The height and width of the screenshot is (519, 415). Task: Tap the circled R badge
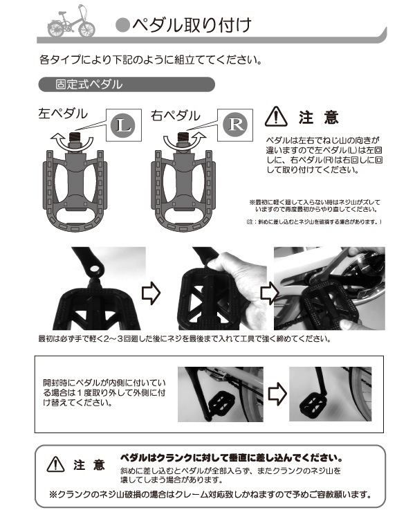(234, 125)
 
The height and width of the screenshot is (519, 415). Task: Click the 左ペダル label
(63, 113)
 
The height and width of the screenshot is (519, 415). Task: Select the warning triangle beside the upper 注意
(277, 116)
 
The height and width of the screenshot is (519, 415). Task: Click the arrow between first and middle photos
(150, 293)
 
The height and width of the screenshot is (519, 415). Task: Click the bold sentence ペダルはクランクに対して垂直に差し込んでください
(232, 458)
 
